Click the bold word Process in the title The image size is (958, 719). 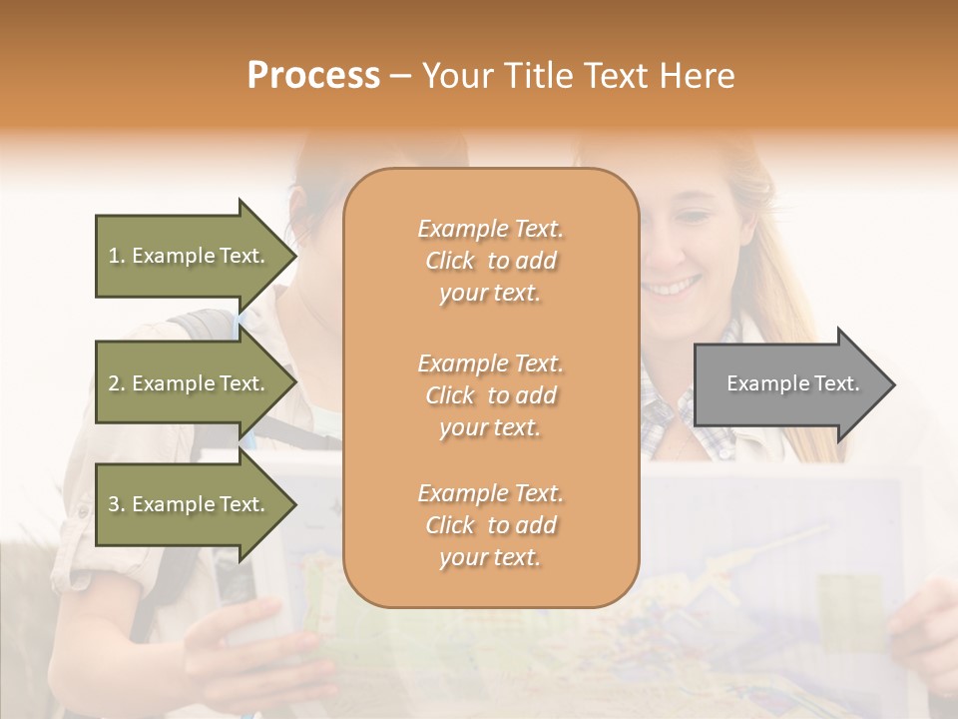click(313, 76)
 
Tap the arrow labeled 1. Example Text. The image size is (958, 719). click(187, 256)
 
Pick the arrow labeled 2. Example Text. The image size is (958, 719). click(187, 383)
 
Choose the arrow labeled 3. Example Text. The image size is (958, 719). click(187, 504)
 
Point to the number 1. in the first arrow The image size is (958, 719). click(117, 256)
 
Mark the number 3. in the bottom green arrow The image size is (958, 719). click(117, 504)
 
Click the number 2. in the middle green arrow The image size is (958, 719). click(117, 383)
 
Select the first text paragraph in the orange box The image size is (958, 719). click(490, 261)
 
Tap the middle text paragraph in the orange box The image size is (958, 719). click(490, 395)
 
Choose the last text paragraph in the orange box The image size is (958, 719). click(490, 525)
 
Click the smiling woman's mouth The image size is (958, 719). click(671, 288)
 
